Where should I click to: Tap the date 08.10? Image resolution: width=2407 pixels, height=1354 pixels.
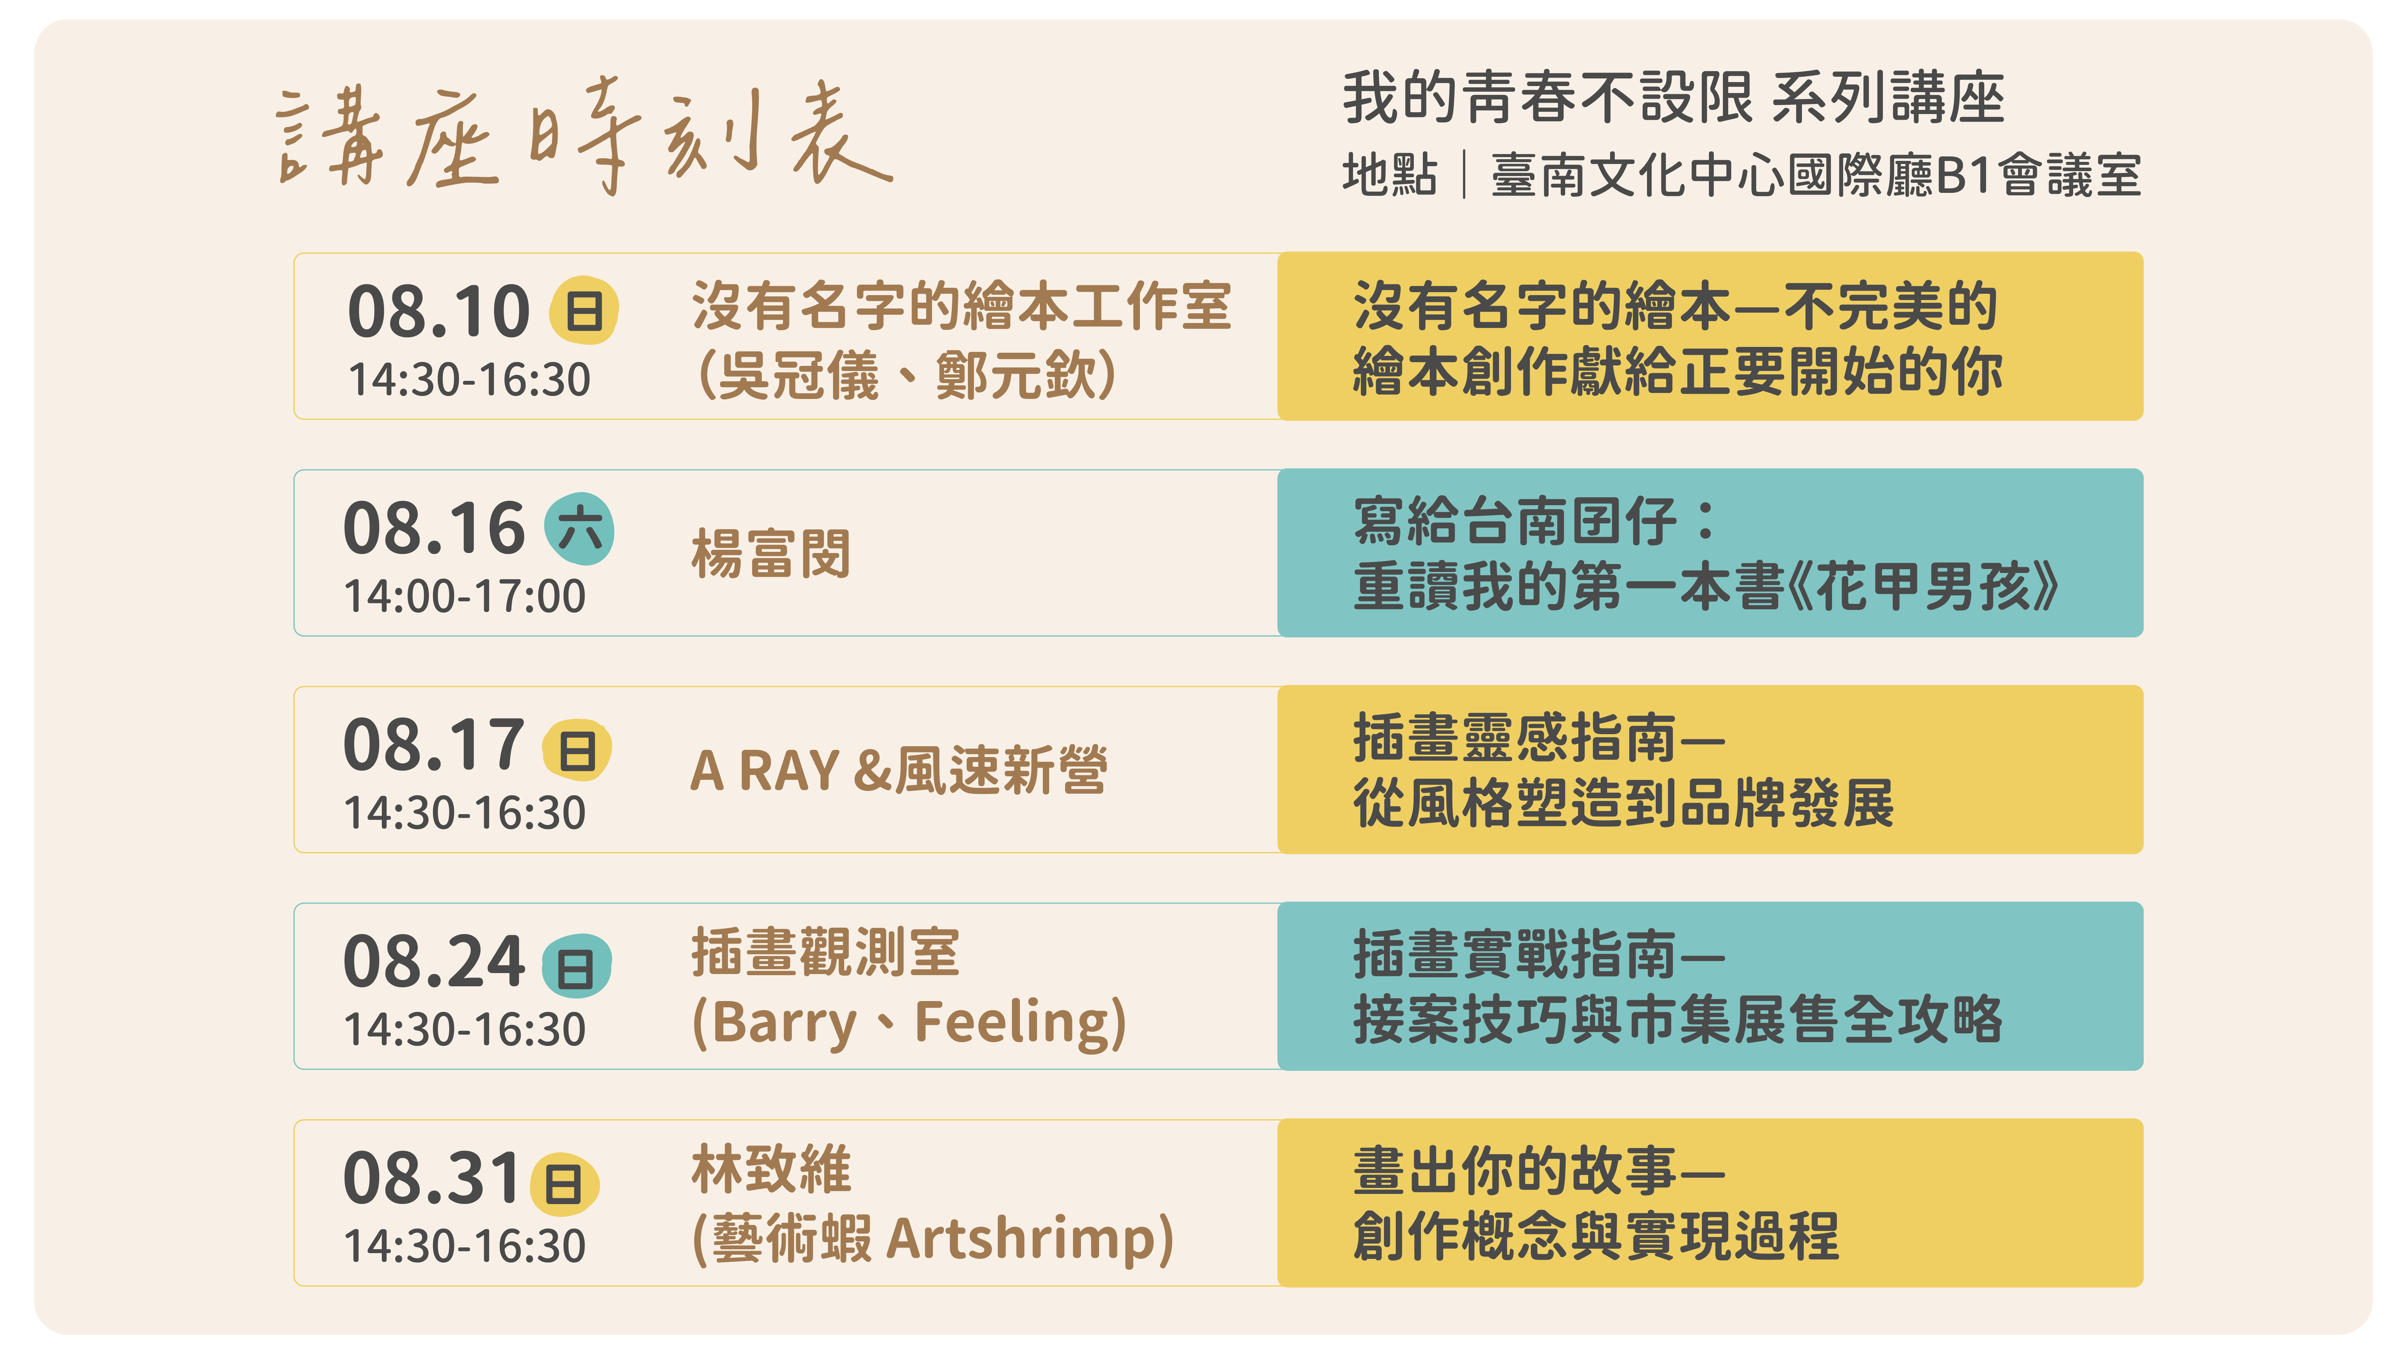[x=438, y=311]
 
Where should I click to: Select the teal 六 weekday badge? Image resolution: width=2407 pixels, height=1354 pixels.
[x=579, y=529]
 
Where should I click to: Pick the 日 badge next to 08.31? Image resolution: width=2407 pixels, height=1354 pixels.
[x=564, y=1184]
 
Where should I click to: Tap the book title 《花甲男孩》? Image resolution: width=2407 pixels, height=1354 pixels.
[x=1923, y=587]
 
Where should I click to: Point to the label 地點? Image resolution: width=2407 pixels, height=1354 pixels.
[x=1389, y=175]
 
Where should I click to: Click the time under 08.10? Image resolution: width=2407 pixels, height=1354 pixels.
[x=469, y=379]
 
